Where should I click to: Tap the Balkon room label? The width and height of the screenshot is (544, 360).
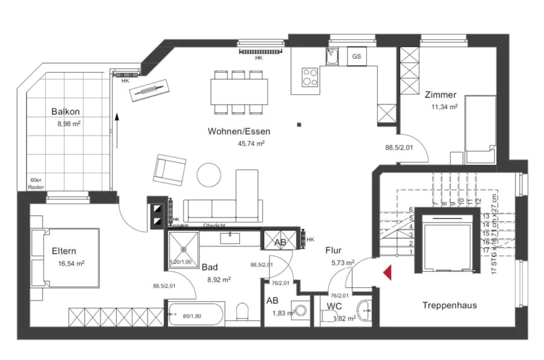66,112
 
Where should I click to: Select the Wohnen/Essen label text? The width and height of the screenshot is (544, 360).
239,131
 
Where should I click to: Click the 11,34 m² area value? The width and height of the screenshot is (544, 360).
444,107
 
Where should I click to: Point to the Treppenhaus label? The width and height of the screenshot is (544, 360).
449,305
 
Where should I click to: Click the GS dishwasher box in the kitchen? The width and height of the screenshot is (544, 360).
357,56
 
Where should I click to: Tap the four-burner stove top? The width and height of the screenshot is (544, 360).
311,77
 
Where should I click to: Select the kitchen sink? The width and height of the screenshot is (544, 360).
333,56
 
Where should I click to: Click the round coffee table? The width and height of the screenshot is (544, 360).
210,175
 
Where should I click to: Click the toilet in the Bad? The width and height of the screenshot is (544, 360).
242,312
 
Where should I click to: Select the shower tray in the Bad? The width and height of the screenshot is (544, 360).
182,250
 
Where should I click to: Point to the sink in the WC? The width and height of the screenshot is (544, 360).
364,309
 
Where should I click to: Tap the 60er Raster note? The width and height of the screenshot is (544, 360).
36,184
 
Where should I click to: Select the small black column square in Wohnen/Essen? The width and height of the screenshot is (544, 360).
299,125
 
